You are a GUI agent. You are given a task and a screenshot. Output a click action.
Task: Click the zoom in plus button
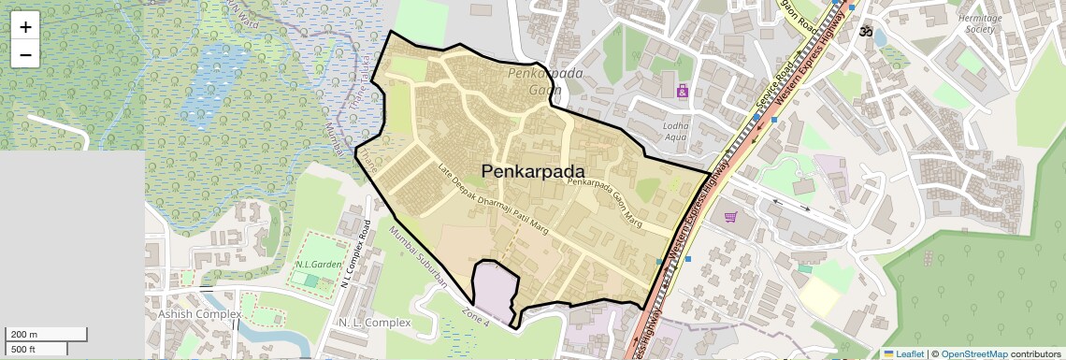(25, 27)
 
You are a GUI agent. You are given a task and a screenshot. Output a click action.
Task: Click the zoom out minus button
(25, 54)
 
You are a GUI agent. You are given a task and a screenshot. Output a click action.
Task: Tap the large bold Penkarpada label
(533, 171)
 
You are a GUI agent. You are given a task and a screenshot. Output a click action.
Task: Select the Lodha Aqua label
(675, 131)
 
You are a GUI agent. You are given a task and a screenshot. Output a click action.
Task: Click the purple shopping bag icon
(683, 91)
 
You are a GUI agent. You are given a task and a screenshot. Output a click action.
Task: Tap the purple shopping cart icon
(730, 217)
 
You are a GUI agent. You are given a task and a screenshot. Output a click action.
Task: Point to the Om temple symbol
(866, 31)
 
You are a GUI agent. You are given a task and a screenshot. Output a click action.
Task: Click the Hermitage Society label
(980, 23)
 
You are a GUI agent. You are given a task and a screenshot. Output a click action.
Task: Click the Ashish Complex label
(199, 314)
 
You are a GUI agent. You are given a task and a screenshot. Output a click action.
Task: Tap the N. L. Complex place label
(372, 323)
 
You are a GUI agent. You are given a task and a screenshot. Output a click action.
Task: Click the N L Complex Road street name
(356, 253)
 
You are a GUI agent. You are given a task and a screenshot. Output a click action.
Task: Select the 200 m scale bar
(47, 335)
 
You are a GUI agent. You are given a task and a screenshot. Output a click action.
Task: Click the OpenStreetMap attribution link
(973, 353)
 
